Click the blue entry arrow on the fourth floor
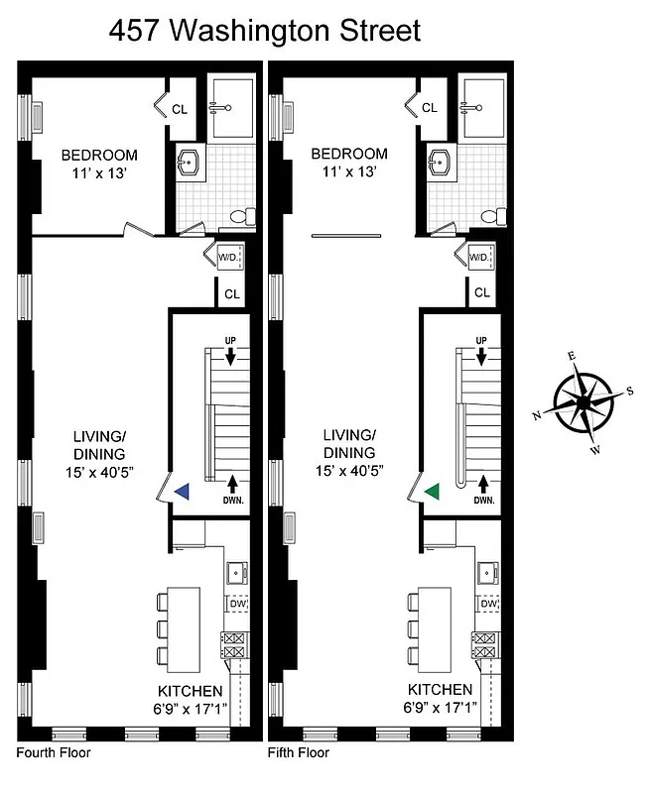tap(182, 491)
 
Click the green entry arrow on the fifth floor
tap(431, 491)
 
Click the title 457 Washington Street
tap(264, 30)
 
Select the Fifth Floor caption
tap(299, 752)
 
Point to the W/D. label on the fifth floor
tap(478, 258)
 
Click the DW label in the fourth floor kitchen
tap(238, 603)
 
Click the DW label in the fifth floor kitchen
tap(488, 603)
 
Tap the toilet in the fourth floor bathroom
tap(239, 216)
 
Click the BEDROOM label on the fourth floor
tap(99, 155)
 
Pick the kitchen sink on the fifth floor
tap(487, 571)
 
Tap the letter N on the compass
tap(538, 415)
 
